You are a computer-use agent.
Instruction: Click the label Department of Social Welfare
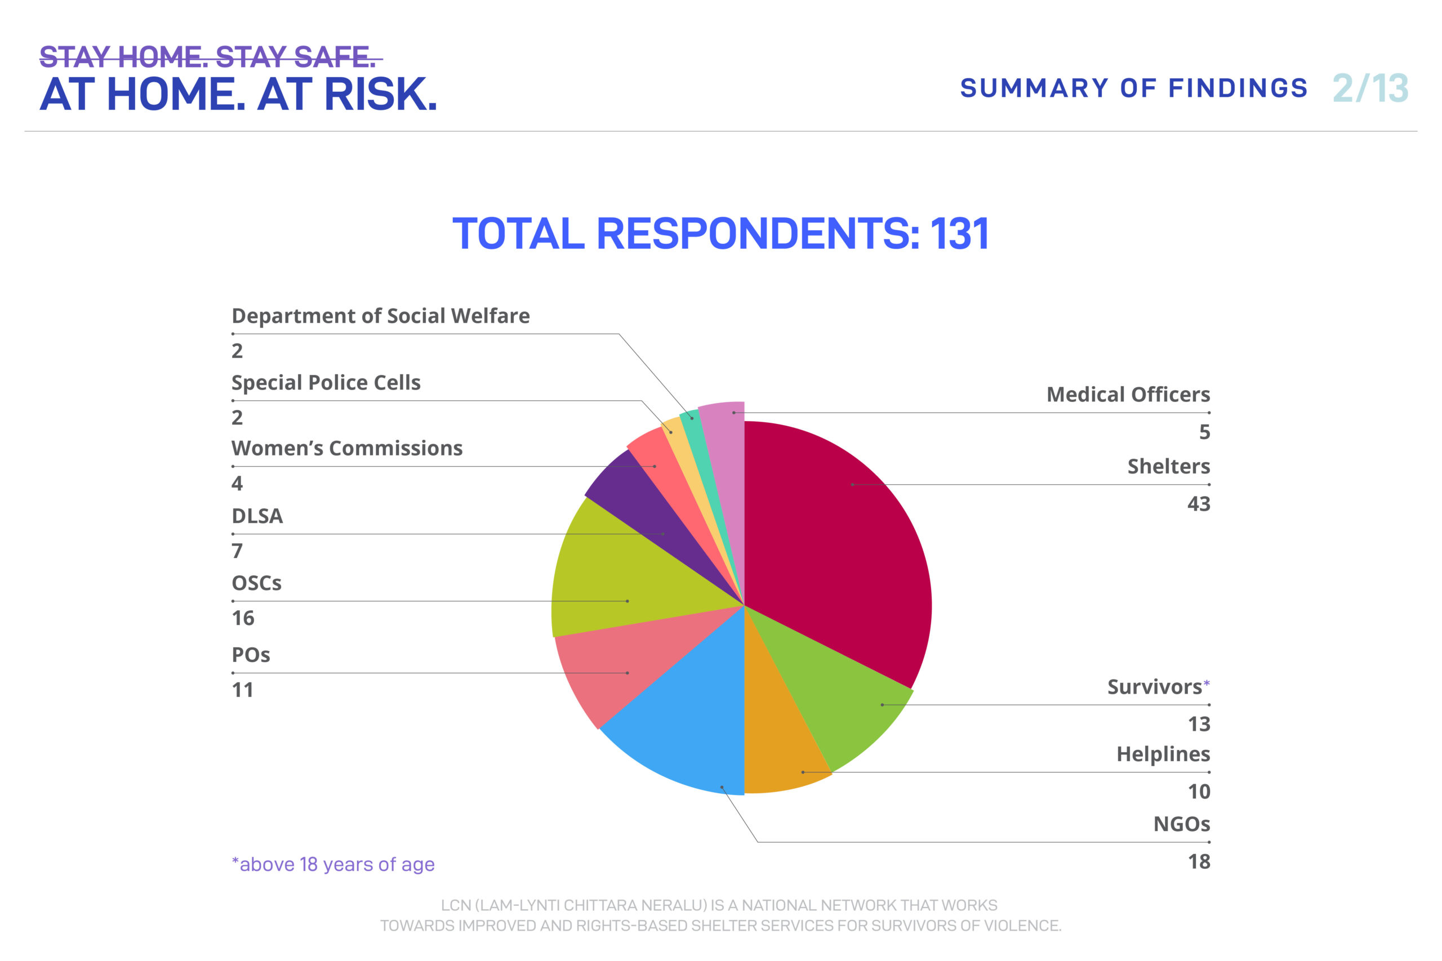380,316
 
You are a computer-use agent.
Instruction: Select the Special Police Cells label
326,383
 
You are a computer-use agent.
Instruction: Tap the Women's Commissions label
346,449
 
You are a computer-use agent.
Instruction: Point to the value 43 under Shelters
1198,504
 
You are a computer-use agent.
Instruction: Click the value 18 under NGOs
1199,862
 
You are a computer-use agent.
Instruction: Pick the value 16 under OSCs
243,618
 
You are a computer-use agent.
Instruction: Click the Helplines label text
1163,754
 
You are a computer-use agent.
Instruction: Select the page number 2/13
1370,89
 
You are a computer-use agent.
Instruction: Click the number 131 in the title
959,234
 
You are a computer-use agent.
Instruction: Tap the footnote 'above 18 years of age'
334,865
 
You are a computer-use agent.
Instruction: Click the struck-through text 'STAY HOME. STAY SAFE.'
208,57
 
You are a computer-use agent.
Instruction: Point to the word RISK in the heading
380,95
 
